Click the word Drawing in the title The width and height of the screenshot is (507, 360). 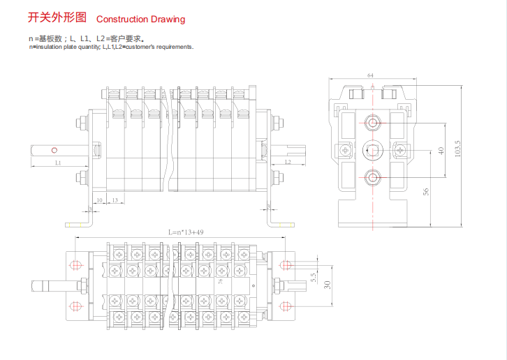click(x=166, y=20)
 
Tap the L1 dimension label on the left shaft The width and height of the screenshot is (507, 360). click(x=59, y=162)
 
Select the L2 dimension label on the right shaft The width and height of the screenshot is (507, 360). click(x=288, y=162)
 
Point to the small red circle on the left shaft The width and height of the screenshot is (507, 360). click(x=53, y=149)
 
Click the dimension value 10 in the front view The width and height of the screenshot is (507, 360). click(x=100, y=200)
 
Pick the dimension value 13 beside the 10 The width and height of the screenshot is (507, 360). click(x=115, y=200)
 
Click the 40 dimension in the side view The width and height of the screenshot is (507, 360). click(x=441, y=151)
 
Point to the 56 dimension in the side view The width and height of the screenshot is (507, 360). click(x=426, y=192)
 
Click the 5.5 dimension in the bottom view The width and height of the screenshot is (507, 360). click(x=314, y=277)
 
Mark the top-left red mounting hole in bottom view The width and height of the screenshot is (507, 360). click(x=76, y=265)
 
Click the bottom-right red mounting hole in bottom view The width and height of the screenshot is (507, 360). click(x=285, y=305)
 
